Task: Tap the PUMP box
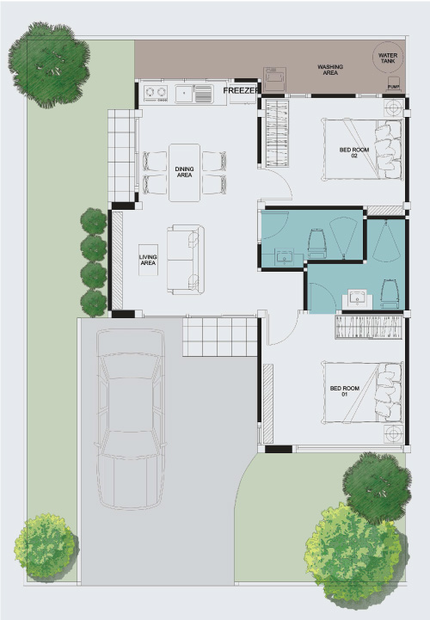point(393,85)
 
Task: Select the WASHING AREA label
point(330,70)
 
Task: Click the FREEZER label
point(242,90)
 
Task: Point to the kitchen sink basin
point(184,94)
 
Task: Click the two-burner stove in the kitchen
point(156,93)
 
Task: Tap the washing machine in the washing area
point(274,79)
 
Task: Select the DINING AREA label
point(184,172)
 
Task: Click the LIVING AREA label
point(148,261)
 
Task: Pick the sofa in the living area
point(186,260)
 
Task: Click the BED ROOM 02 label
point(354,152)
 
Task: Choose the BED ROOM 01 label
point(345,391)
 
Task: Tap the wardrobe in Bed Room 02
point(277,133)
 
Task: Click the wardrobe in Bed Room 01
point(369,327)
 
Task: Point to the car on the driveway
point(130,419)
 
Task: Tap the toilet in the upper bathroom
point(316,242)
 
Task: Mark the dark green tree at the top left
point(49,64)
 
